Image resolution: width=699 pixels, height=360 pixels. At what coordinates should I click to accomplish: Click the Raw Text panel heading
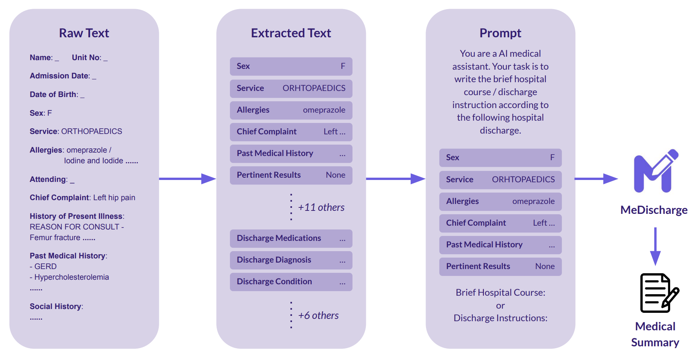(84, 33)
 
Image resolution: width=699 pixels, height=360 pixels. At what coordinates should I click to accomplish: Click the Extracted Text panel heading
(291, 33)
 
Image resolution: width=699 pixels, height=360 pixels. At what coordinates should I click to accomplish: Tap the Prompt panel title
(500, 33)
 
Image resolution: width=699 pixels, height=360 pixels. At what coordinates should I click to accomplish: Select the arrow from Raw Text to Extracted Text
(187, 178)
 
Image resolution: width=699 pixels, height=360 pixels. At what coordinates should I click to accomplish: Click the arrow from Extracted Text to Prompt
(396, 178)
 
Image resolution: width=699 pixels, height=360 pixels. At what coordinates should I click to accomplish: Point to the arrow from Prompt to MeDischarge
(596, 178)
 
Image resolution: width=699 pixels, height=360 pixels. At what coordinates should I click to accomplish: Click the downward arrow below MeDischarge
(655, 246)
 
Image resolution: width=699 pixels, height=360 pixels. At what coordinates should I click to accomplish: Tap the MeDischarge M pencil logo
(656, 171)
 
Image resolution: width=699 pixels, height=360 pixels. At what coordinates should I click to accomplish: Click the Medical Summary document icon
(659, 293)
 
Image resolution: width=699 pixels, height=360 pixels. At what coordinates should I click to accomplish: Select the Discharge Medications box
(291, 238)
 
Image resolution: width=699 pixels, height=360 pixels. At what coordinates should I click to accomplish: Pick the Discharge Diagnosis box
(291, 260)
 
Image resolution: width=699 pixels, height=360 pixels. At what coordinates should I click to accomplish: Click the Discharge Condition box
(291, 282)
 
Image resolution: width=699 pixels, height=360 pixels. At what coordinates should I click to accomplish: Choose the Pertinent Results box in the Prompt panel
(500, 266)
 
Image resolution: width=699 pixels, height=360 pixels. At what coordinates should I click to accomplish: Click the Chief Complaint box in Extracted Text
(291, 132)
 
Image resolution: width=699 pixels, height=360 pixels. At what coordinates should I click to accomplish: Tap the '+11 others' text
(321, 207)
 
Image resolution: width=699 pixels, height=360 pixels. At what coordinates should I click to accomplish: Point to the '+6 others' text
(318, 315)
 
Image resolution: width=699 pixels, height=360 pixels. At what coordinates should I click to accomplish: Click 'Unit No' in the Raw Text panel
(86, 57)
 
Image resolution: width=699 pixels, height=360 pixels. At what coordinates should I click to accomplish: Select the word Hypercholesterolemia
(72, 277)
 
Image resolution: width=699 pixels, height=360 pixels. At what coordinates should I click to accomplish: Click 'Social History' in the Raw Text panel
(56, 306)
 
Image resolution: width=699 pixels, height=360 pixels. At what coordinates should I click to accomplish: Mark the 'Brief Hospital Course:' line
(500, 293)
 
